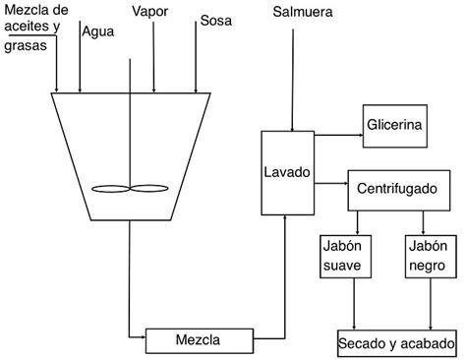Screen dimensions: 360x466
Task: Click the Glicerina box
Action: click(394, 125)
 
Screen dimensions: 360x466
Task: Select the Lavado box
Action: click(287, 172)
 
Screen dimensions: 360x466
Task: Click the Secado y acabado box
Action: click(395, 344)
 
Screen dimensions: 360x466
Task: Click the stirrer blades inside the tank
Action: click(129, 188)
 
